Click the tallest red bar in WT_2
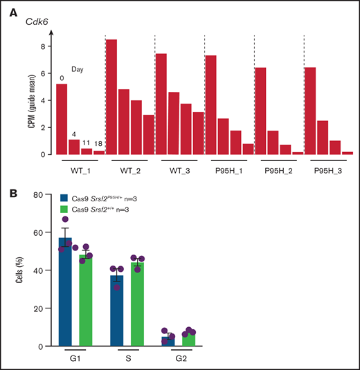click(111, 97)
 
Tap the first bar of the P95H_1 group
click(211, 104)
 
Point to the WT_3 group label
click(179, 169)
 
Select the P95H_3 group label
click(328, 169)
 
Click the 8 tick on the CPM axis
click(42, 47)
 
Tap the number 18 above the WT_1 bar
click(99, 144)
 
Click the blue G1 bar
click(66, 291)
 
